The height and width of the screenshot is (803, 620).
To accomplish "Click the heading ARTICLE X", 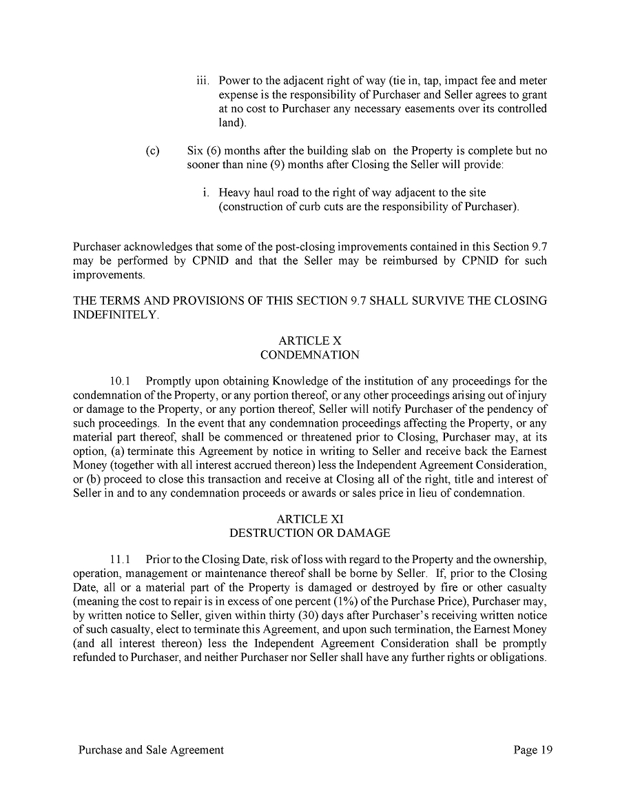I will click(x=309, y=340).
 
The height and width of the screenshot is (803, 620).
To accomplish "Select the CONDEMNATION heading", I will click(x=309, y=355).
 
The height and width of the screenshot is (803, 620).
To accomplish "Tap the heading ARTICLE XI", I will click(x=309, y=518).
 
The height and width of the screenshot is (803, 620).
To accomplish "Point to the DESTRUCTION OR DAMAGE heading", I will click(x=309, y=533).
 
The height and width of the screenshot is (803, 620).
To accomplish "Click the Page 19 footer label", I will click(x=533, y=750).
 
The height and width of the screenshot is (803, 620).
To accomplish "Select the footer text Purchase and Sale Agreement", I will click(x=151, y=750).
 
